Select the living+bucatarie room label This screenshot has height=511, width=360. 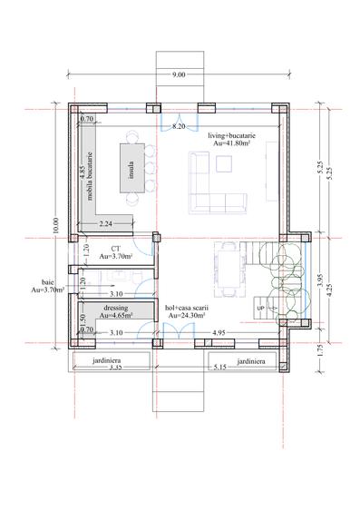(231, 139)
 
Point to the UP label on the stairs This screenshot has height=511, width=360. (261, 310)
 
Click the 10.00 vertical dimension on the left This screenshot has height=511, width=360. (55, 224)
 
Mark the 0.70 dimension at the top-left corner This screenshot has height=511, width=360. (87, 119)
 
